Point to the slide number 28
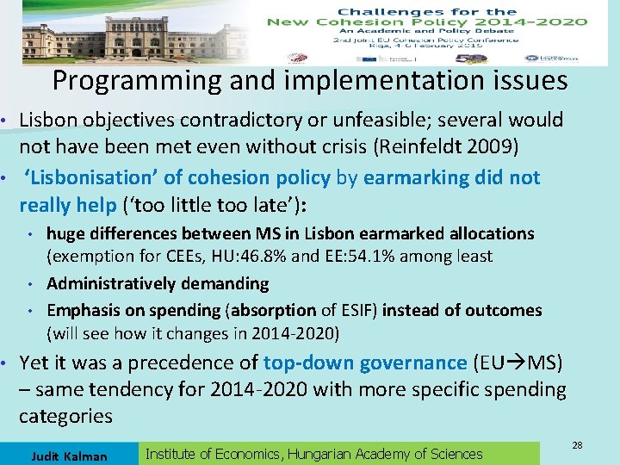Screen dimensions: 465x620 (578, 444)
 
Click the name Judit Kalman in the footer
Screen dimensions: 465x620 (69, 456)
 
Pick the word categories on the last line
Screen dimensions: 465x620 (65, 417)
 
